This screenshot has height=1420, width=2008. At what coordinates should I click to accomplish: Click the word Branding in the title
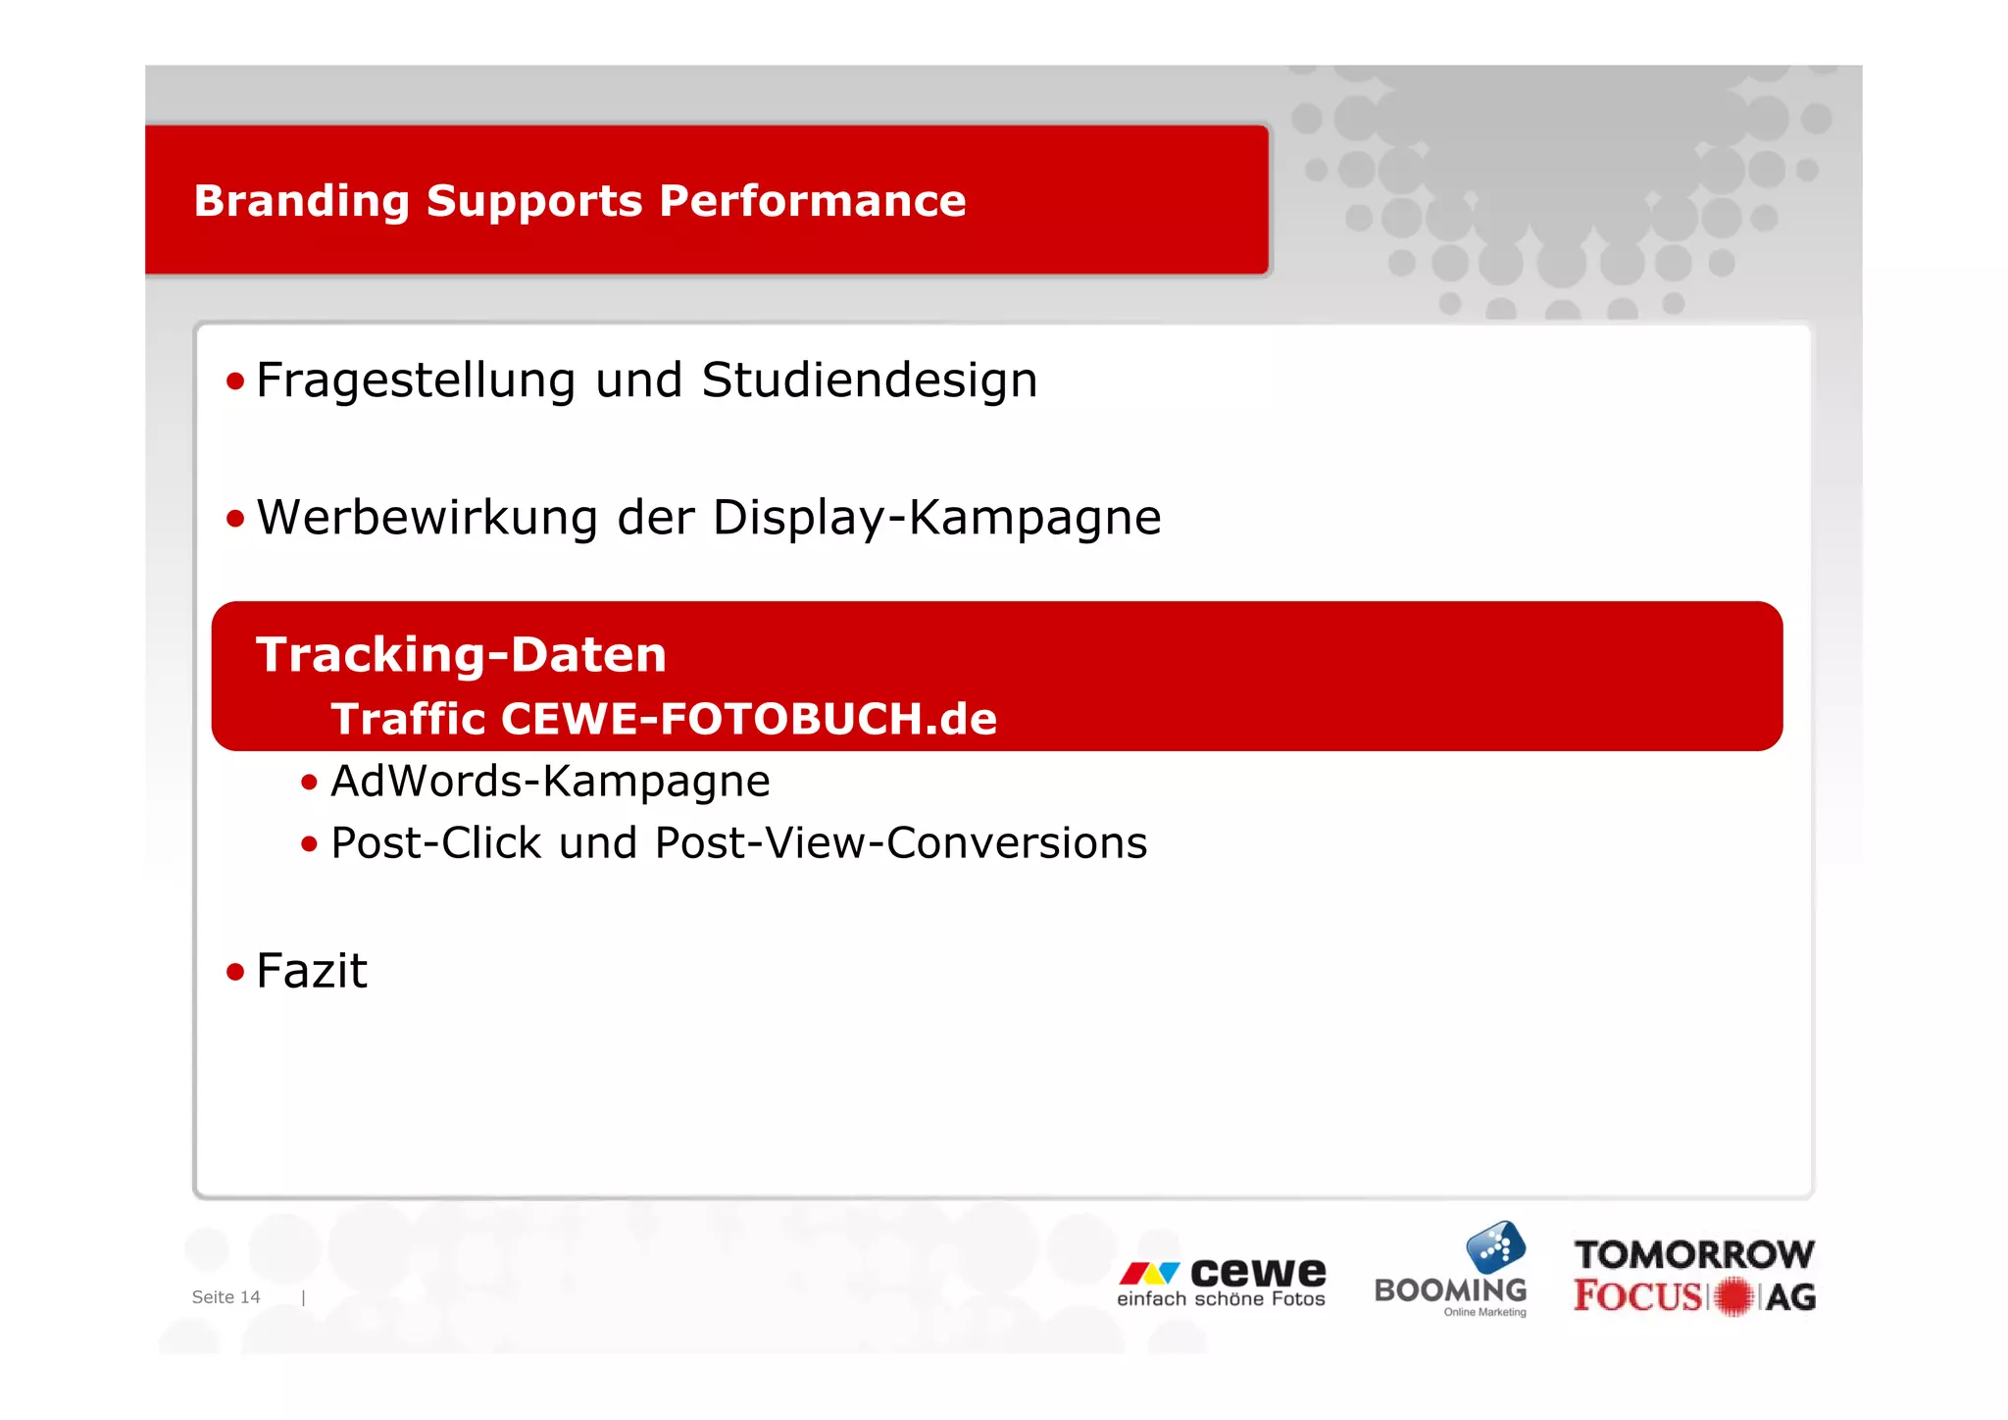point(301,201)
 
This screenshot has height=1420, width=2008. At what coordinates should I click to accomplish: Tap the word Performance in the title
point(812,201)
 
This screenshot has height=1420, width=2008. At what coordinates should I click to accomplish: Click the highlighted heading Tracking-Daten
point(461,654)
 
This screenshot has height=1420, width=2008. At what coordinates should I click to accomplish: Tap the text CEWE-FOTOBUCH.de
point(748,719)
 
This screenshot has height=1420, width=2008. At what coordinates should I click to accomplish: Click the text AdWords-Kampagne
point(550,782)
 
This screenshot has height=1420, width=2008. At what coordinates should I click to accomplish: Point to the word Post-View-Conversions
point(900,843)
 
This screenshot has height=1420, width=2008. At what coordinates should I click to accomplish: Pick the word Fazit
point(311,971)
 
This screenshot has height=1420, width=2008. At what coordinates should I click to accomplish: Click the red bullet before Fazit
point(234,972)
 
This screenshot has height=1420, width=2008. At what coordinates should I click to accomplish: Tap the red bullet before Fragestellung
point(234,380)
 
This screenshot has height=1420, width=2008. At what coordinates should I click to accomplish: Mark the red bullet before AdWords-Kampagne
point(309,783)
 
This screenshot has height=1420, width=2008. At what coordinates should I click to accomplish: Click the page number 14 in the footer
point(250,1297)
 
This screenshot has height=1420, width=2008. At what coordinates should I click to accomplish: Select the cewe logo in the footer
point(1222,1282)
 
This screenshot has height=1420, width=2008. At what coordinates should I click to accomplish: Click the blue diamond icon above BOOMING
point(1495,1247)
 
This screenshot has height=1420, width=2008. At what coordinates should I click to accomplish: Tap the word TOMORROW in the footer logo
point(1694,1254)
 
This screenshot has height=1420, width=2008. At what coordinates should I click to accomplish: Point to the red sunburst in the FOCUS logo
point(1733,1296)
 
